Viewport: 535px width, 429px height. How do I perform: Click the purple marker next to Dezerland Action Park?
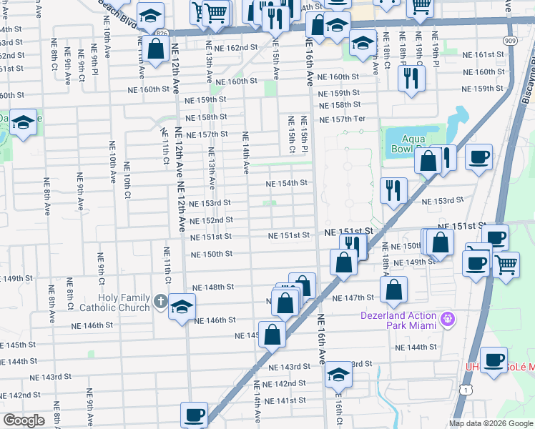448,317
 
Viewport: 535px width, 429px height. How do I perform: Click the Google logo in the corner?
24,420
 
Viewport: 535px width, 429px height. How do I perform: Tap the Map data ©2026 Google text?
490,423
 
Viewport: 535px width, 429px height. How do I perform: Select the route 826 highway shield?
161,34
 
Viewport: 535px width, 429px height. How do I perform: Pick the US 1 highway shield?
466,389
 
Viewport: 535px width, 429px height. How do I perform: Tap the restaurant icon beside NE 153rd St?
394,189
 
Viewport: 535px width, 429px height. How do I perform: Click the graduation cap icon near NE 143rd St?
338,375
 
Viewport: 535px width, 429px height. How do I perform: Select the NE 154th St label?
286,184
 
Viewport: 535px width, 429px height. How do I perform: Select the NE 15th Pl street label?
304,134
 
